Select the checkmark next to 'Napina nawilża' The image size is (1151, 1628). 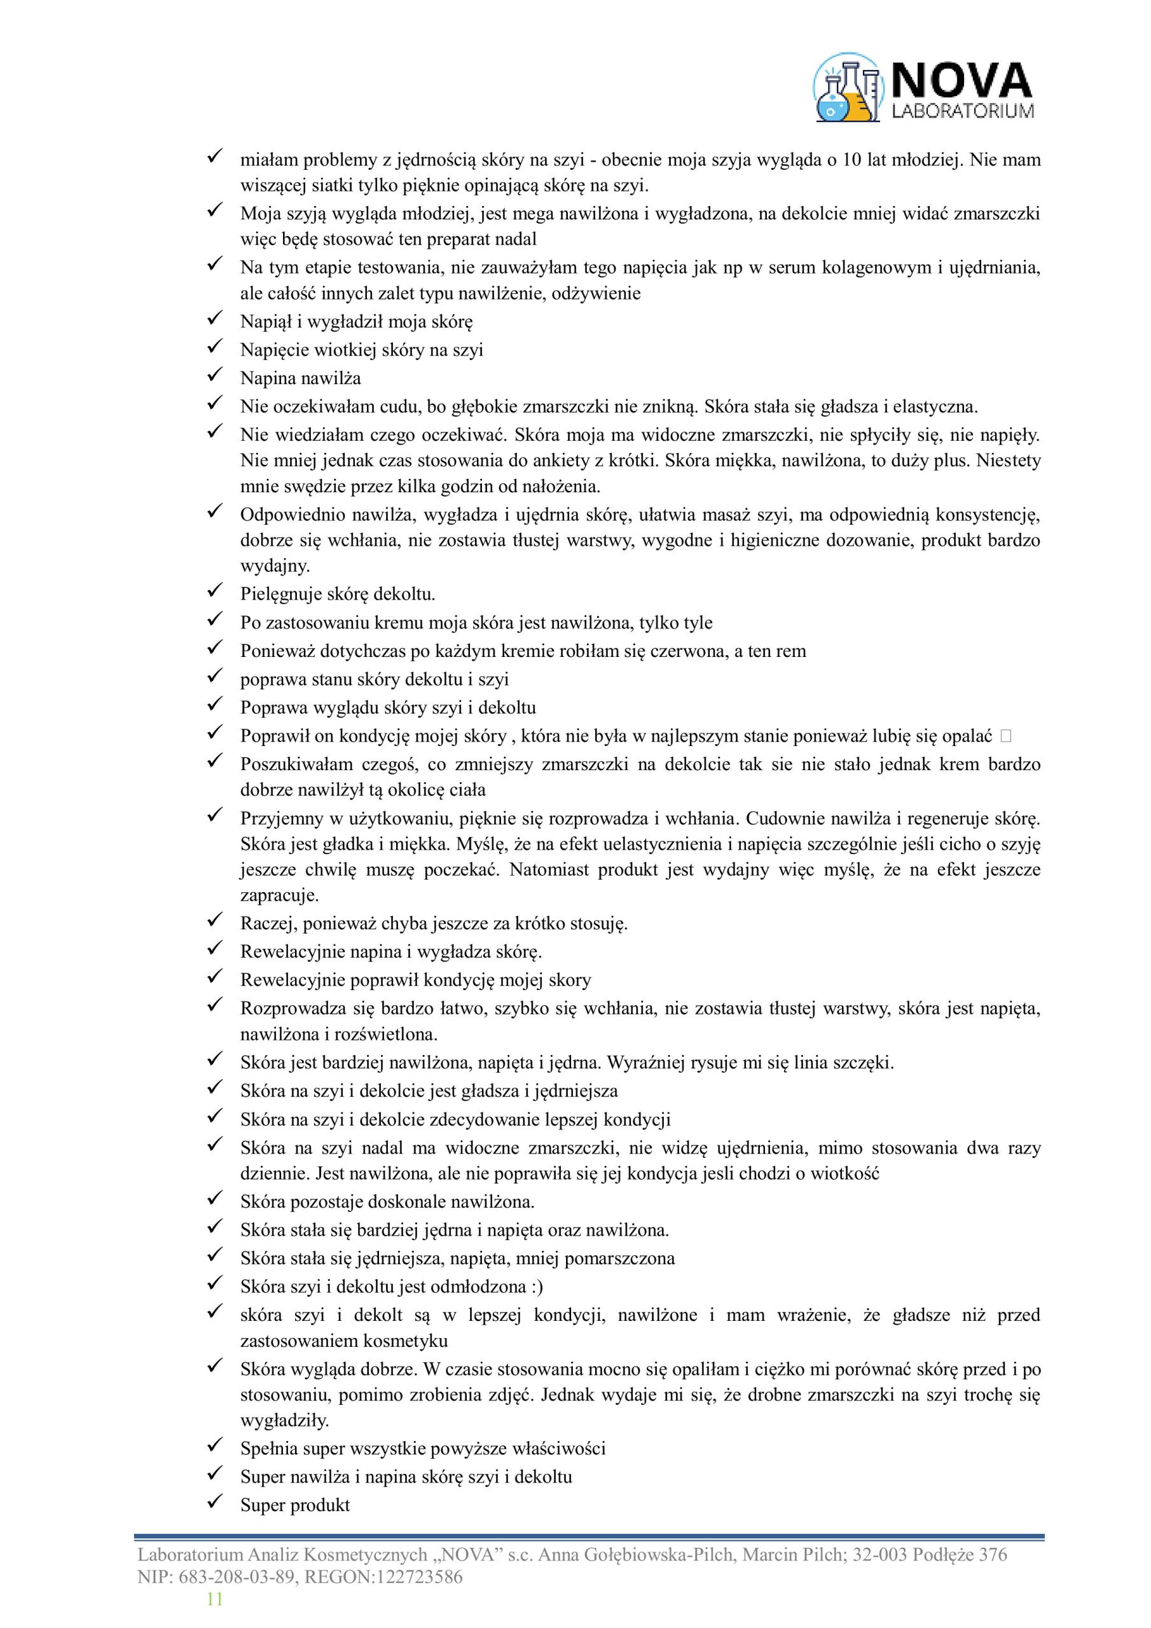[x=215, y=375]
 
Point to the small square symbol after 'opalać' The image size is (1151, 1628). [x=1005, y=736]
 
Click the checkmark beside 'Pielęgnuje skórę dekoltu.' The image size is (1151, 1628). [x=215, y=590]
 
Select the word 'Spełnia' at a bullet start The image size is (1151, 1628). [x=270, y=1448]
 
